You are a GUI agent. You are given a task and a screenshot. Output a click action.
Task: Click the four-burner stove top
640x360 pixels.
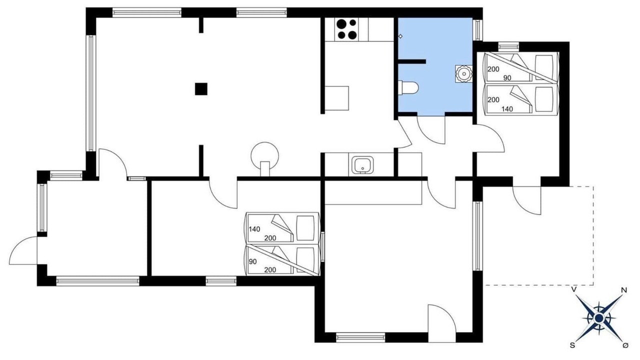pos(347,29)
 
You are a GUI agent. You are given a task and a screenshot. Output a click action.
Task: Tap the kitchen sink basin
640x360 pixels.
pos(362,165)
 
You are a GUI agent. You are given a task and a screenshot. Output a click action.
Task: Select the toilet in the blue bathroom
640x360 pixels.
pos(408,87)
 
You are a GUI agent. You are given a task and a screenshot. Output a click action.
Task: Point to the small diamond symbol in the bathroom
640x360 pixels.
pos(400,36)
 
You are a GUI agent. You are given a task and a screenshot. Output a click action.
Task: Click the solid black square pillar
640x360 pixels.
pos(201,89)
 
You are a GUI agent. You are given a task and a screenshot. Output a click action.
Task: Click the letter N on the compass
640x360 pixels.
pos(624,290)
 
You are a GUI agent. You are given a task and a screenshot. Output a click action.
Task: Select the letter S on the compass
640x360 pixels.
pos(572,345)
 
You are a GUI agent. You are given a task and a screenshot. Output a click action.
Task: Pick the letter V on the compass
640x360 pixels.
pos(573,289)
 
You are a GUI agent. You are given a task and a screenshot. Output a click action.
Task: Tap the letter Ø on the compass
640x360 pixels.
pos(625,345)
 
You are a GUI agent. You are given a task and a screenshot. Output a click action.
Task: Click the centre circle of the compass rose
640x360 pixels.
pos(599,318)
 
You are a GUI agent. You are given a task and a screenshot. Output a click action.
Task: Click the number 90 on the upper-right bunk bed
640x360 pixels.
pos(507,78)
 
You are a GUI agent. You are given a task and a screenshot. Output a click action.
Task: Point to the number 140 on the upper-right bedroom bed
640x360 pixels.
pos(507,109)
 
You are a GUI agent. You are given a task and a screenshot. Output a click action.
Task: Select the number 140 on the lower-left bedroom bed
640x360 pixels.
pos(254,229)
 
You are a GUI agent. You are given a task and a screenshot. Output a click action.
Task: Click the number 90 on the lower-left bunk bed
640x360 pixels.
pos(252,261)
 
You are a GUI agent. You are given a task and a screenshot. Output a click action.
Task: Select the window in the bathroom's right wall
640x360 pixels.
pos(477,29)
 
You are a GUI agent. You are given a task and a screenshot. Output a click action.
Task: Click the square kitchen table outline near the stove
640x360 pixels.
pos(337,98)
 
